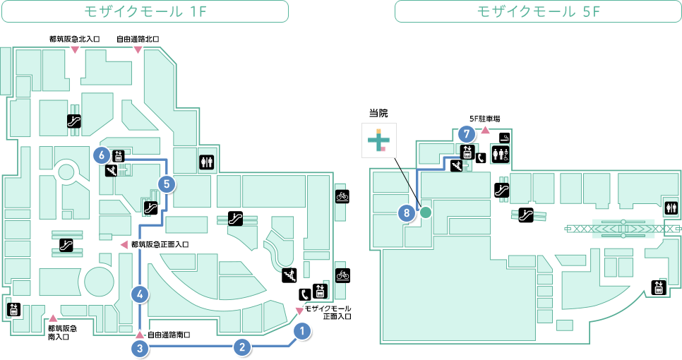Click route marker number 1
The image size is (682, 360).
coord(302,331)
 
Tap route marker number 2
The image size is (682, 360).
coord(242,347)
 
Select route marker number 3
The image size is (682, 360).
coord(140,348)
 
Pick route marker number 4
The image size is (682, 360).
coord(140,294)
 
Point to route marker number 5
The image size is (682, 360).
coord(167,184)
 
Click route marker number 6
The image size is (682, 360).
coord(102,155)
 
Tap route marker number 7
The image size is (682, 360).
coord(467,134)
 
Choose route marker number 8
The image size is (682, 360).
coord(407,212)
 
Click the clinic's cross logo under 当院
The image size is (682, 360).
coord(379,140)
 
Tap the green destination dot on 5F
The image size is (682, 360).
coord(426,212)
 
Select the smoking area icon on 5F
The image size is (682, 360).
coord(504,138)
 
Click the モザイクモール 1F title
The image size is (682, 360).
coord(145,11)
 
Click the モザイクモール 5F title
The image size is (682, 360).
coord(538,11)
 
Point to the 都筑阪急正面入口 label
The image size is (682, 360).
coord(160,244)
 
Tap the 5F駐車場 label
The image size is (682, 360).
coord(484,119)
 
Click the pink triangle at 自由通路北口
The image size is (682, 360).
coord(138,50)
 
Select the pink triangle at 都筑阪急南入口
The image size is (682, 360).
coord(53,318)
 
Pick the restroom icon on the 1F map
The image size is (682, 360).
coord(207,162)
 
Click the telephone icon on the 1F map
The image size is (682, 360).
coord(305,294)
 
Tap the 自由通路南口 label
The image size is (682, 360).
coord(169,335)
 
